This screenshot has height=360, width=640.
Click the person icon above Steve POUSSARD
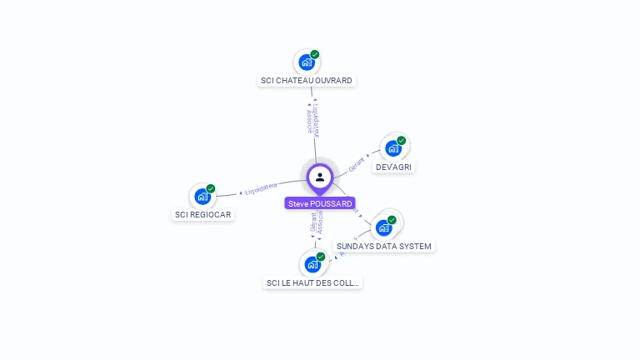pyautogui.click(x=320, y=177)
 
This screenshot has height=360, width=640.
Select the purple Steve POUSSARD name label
pyautogui.click(x=320, y=203)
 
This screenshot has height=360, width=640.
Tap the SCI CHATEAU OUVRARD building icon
pyautogui.click(x=306, y=62)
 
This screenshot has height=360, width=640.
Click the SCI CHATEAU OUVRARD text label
pyautogui.click(x=307, y=81)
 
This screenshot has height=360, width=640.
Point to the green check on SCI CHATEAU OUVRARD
pyautogui.click(x=315, y=54)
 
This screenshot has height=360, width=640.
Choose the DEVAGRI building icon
pyautogui.click(x=392, y=148)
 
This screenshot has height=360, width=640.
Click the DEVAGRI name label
pyautogui.click(x=394, y=167)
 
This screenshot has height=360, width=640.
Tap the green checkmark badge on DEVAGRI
pyautogui.click(x=402, y=140)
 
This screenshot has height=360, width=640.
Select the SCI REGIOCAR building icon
pyautogui.click(x=202, y=197)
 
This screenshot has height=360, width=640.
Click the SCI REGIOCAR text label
pyautogui.click(x=203, y=214)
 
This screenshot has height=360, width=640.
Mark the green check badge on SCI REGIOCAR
pyautogui.click(x=211, y=188)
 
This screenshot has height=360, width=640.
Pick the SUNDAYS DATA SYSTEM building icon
pyautogui.click(x=383, y=227)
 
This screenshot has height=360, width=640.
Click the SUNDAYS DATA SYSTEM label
pyautogui.click(x=384, y=246)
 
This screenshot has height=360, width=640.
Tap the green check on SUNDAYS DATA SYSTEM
pyautogui.click(x=392, y=220)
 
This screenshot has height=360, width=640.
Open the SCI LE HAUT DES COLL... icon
pyautogui.click(x=312, y=264)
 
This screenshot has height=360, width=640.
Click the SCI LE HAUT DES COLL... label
pyautogui.click(x=313, y=282)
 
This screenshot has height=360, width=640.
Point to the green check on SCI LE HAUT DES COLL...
pyautogui.click(x=321, y=257)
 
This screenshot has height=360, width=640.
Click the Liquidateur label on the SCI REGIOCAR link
pyautogui.click(x=261, y=188)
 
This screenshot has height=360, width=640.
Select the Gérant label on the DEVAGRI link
pyautogui.click(x=357, y=162)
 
